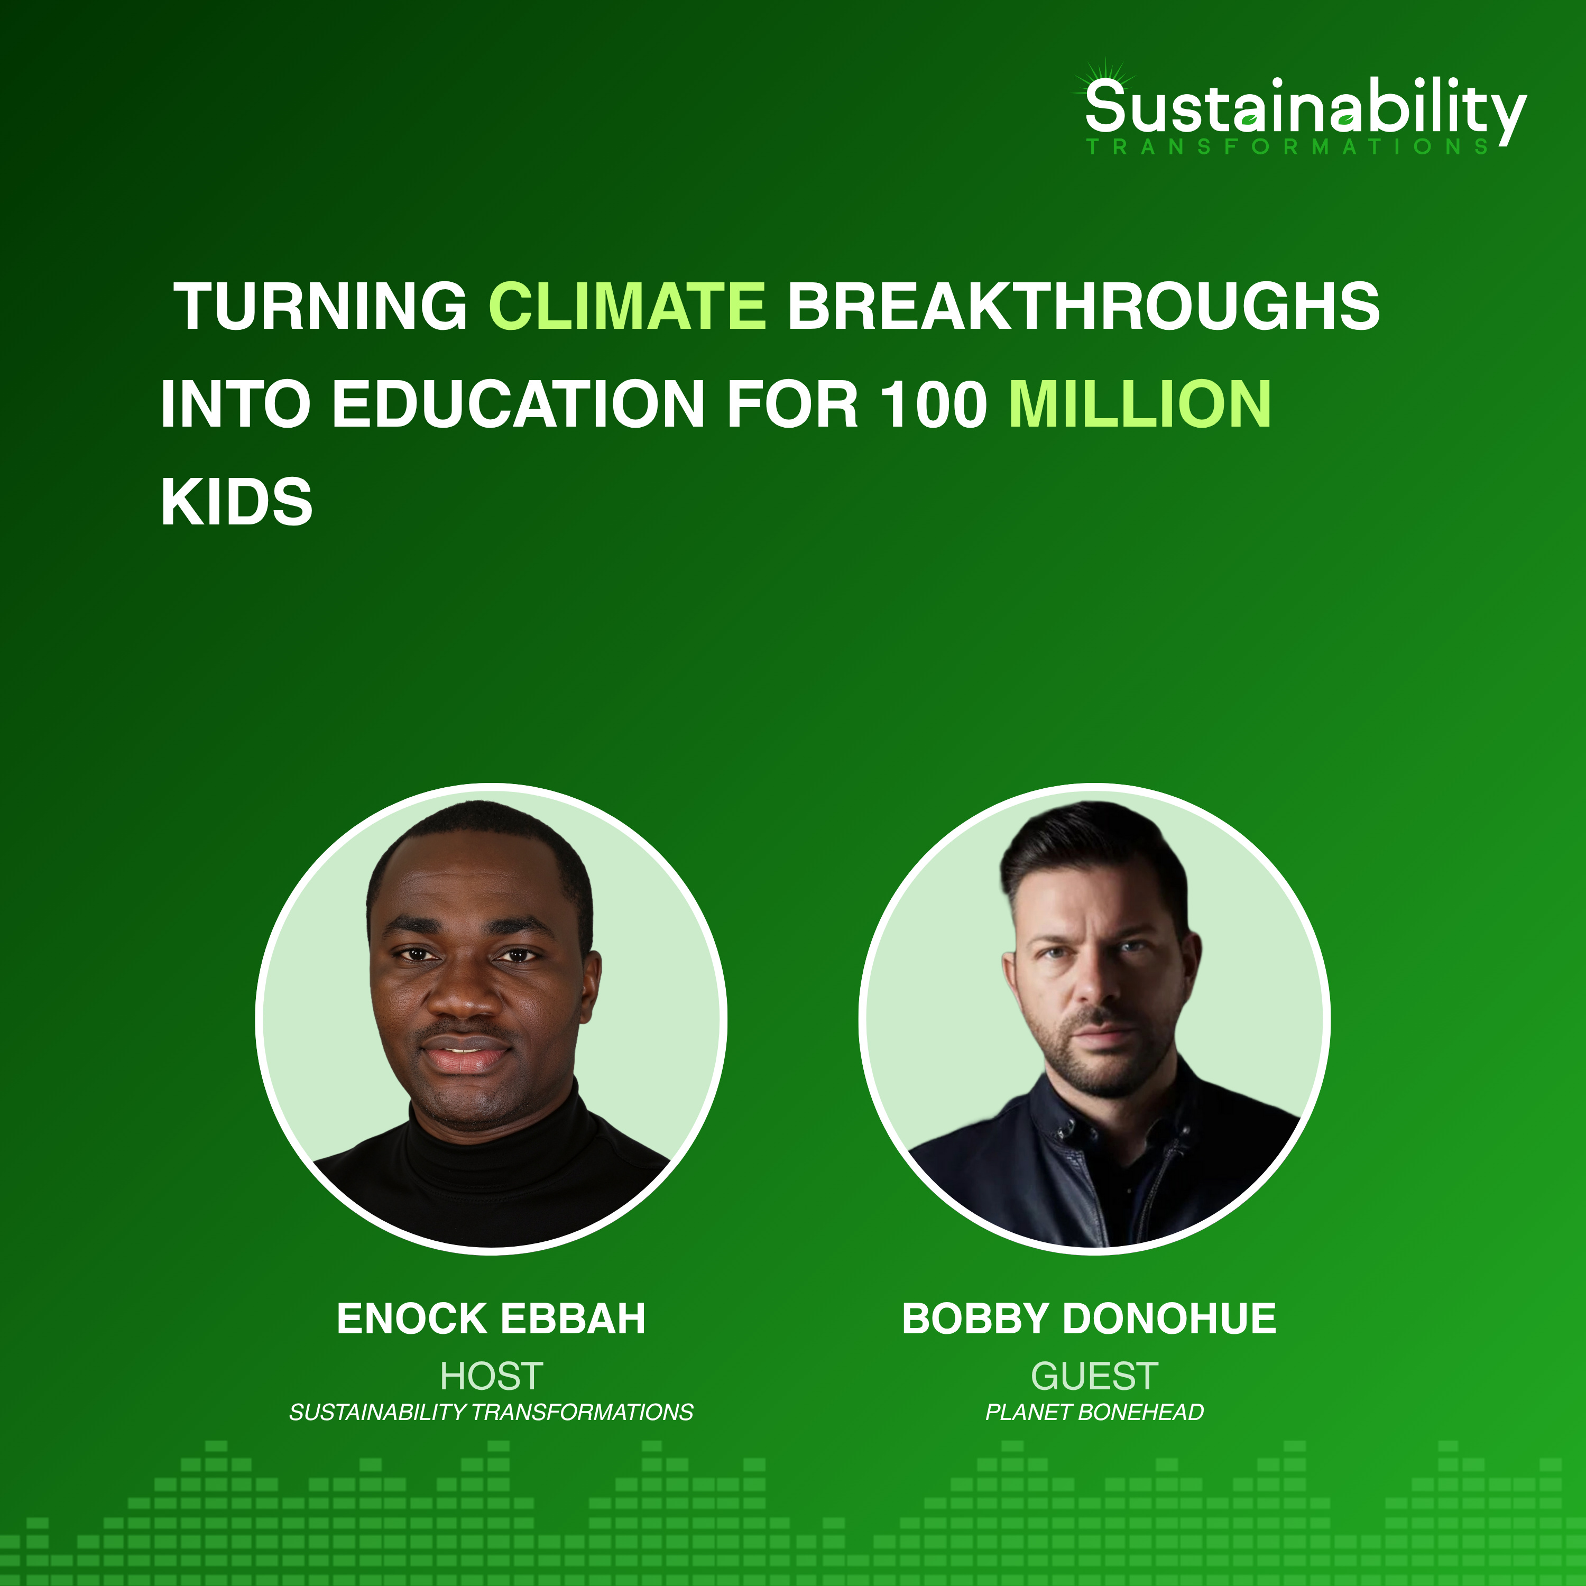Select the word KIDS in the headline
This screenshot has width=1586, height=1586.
[236, 502]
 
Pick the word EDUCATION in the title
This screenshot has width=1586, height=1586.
[518, 405]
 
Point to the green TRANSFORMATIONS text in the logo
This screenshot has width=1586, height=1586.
[1287, 147]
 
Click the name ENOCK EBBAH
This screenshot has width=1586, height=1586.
[491, 1319]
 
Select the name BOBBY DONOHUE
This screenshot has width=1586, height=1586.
[1089, 1319]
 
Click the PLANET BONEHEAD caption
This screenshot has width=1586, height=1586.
[1094, 1412]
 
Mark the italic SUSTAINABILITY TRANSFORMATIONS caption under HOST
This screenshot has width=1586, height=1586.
[491, 1412]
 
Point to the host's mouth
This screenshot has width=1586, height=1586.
[465, 1053]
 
